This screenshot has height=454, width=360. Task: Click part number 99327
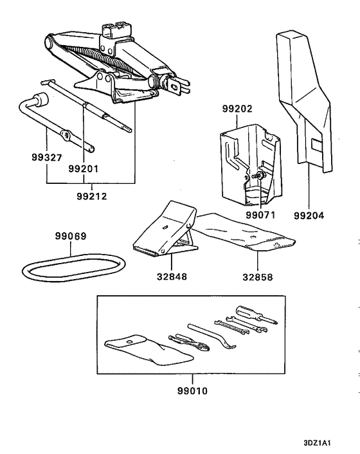point(47,158)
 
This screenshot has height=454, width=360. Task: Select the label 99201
point(84,168)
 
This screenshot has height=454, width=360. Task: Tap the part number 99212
point(92,196)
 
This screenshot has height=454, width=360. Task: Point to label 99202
point(237,109)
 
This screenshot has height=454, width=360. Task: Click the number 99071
point(260,215)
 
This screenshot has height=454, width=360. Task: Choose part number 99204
point(309,215)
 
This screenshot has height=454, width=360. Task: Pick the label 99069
point(71,236)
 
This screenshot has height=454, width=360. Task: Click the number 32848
point(172,277)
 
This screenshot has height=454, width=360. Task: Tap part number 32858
point(258,277)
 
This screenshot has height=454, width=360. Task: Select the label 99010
point(192,391)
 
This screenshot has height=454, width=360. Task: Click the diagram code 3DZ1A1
point(317,442)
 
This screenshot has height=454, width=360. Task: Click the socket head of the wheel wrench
point(40,100)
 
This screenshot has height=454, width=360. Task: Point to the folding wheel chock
point(165,230)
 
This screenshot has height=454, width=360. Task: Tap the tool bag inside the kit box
point(148,350)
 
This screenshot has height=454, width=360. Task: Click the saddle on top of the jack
point(116,30)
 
